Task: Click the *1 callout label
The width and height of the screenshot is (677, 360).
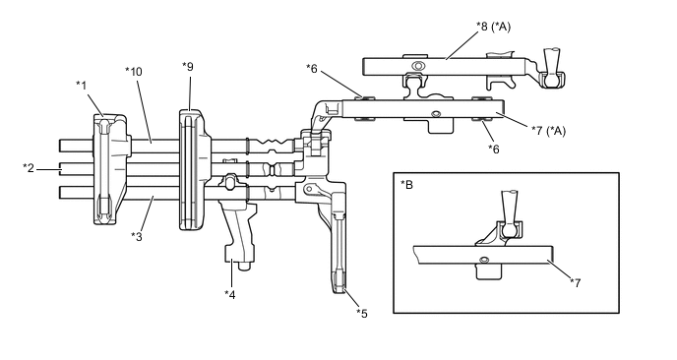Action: [81, 86]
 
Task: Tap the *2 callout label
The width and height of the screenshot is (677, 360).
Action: [29, 168]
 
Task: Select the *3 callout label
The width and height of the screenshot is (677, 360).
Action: [137, 236]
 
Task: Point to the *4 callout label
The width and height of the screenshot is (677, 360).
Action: [230, 294]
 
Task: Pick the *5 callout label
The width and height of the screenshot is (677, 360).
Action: [362, 314]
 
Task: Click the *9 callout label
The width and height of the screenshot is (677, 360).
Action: [188, 67]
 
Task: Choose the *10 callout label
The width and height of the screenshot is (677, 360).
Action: [134, 71]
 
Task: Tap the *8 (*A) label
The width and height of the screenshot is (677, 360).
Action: [494, 27]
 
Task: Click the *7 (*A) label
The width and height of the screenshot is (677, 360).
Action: [548, 131]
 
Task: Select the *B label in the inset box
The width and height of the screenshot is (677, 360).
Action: [406, 185]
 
